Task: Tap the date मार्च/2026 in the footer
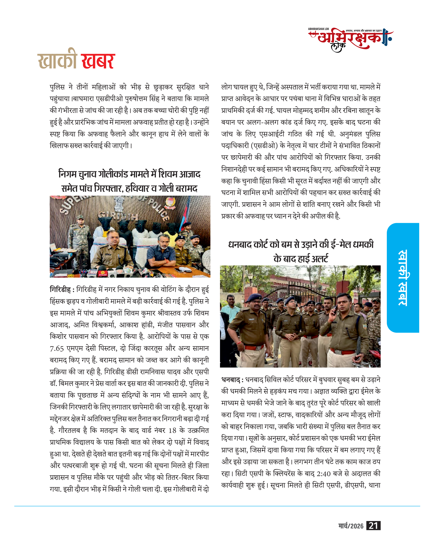(x=351, y=526)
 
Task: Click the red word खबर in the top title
(x=98, y=61)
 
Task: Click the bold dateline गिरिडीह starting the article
(x=60, y=290)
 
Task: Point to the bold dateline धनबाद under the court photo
(x=231, y=380)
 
